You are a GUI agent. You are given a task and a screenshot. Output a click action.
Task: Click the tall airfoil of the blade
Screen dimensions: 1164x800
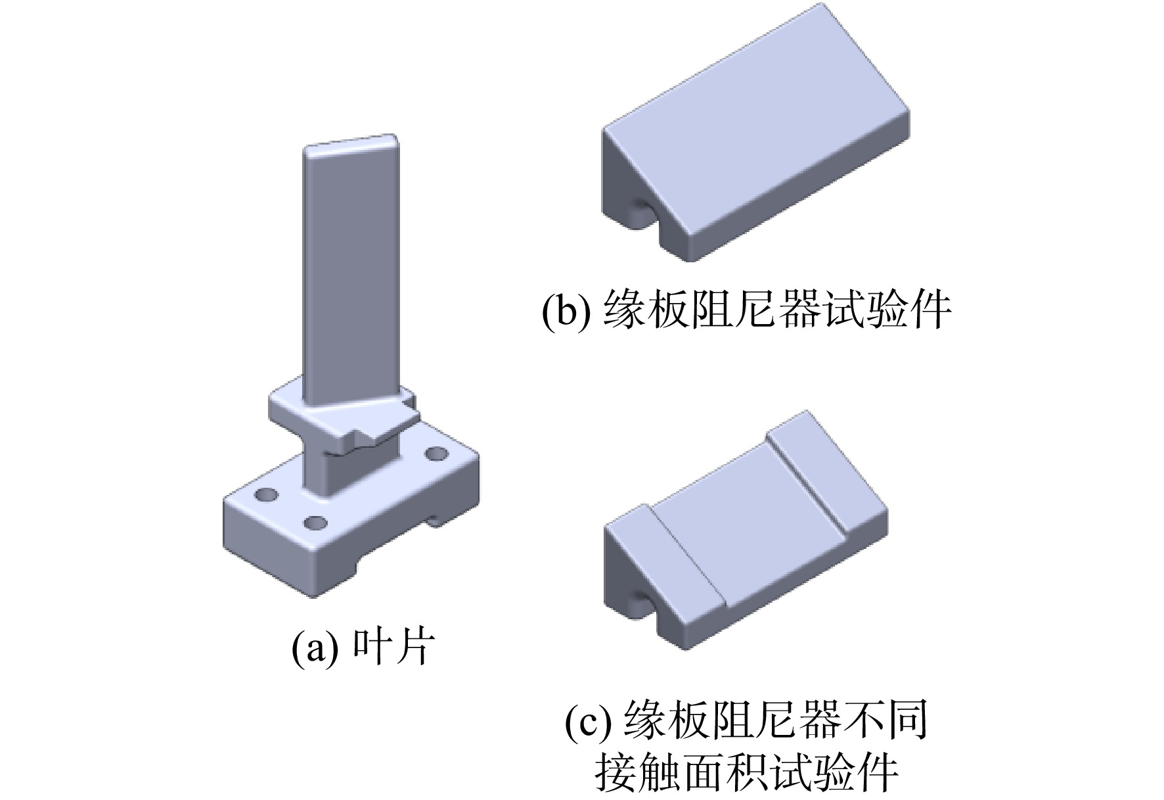[350, 276]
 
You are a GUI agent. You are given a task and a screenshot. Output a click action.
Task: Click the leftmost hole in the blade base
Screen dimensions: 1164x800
[267, 494]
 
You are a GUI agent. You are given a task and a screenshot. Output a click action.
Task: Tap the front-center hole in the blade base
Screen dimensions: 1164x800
[316, 524]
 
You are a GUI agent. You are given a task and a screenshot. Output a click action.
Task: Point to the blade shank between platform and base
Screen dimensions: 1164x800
[351, 470]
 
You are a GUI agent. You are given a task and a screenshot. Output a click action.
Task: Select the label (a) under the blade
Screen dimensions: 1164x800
[315, 648]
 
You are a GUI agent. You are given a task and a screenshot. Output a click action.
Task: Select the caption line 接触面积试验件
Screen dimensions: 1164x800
[747, 773]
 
